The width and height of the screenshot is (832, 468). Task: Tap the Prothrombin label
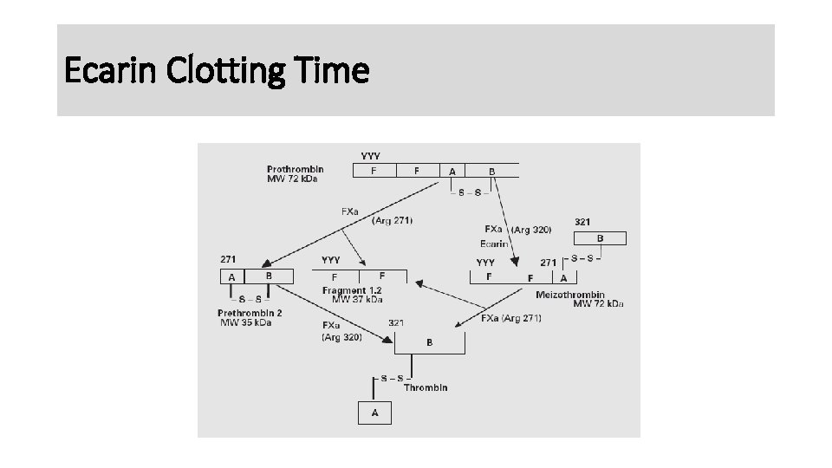(x=296, y=169)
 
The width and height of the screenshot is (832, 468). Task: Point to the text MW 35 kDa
(x=245, y=322)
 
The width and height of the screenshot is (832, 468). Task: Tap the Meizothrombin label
(x=570, y=295)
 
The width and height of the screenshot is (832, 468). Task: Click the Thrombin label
(x=426, y=387)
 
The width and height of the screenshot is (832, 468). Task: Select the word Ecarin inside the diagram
(x=494, y=244)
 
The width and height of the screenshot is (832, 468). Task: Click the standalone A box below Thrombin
(x=374, y=413)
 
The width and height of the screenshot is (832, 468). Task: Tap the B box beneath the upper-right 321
(x=600, y=238)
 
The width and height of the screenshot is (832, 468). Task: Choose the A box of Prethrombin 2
(x=231, y=276)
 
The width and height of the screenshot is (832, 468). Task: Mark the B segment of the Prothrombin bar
(x=492, y=171)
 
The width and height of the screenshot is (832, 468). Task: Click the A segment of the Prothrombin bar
(x=452, y=171)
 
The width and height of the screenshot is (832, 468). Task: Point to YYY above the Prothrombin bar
(x=370, y=156)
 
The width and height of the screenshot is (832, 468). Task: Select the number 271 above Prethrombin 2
(x=229, y=258)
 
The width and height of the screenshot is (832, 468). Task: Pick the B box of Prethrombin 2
(x=269, y=276)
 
